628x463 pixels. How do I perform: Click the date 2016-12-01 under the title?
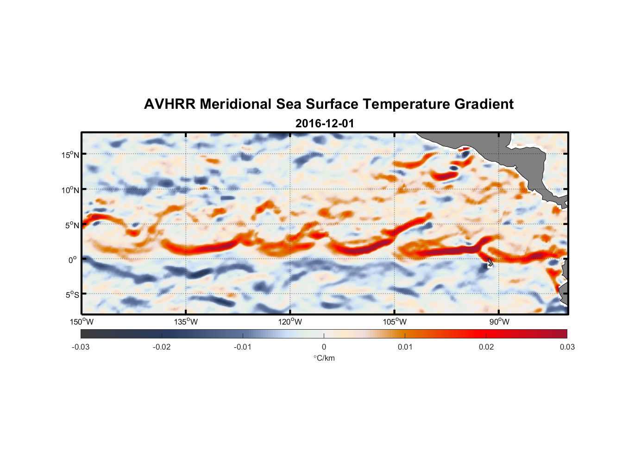325,124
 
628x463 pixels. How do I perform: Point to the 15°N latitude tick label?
70,155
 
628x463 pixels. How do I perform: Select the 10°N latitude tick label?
70,190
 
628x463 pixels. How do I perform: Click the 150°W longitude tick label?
82,322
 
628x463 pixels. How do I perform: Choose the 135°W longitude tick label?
186,322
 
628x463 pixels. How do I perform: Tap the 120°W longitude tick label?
290,322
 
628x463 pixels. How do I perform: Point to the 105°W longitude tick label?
395,322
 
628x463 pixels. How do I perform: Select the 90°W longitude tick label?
499,322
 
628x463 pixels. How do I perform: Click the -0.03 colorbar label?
81,347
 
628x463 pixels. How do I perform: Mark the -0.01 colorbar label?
243,347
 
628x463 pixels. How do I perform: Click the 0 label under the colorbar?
324,347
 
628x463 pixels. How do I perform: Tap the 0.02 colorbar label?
486,347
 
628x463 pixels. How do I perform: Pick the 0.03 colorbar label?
567,347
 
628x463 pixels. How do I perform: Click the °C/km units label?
324,358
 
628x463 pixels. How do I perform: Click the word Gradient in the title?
484,104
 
